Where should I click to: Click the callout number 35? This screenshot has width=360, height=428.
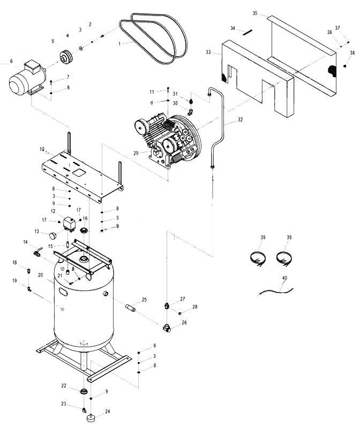255,13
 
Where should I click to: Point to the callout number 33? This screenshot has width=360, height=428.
208,52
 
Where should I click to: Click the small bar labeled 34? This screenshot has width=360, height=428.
247,32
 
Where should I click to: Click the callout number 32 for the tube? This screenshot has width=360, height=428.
241,120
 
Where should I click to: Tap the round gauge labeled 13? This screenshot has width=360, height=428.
53,235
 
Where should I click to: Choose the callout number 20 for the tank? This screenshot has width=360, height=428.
41,275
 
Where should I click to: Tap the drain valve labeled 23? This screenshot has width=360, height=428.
84,411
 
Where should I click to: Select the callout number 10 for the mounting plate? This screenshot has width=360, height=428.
42,148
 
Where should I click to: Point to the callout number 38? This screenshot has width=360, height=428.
352,52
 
